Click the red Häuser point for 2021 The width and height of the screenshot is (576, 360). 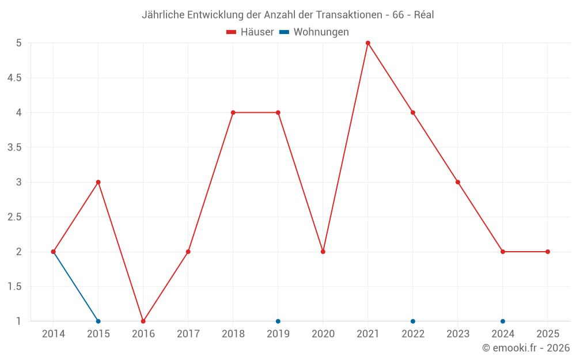(x=368, y=43)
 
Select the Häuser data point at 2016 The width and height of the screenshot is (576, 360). (x=143, y=321)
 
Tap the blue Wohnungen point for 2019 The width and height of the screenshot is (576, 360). (x=278, y=321)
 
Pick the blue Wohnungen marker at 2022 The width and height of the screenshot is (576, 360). (x=413, y=321)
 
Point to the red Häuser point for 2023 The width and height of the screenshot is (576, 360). (x=458, y=182)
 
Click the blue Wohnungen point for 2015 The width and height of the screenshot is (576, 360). (x=98, y=321)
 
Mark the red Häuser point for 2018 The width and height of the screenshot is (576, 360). (x=233, y=112)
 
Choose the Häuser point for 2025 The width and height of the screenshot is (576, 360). (x=548, y=252)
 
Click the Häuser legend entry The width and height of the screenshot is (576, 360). (x=250, y=32)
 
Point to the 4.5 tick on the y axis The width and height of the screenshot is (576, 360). (x=15, y=78)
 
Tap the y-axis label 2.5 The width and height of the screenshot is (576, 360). (x=15, y=217)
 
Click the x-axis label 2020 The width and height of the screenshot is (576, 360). (x=323, y=334)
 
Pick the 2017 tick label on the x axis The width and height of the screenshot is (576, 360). (x=188, y=334)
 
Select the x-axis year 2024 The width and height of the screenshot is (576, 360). (x=503, y=334)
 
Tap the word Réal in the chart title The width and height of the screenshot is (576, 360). (x=424, y=15)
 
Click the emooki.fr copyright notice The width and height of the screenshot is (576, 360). (x=526, y=348)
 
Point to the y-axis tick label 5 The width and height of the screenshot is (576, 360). (x=19, y=43)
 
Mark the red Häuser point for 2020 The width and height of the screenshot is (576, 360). (x=323, y=252)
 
